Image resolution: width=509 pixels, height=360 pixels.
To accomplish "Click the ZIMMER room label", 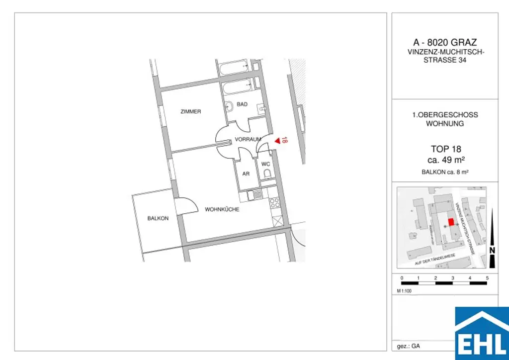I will [191, 112].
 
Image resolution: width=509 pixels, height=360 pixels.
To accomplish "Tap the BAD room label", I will [242, 104].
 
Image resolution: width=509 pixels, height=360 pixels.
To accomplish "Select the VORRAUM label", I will [248, 140].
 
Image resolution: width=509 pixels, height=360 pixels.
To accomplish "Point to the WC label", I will [266, 164].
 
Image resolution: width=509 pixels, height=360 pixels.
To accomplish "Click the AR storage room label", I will [246, 174].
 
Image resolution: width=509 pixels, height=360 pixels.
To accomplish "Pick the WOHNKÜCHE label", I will [222, 210].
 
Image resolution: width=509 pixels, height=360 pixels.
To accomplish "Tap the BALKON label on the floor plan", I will [158, 218].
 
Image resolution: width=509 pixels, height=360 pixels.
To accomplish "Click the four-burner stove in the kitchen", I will [274, 203].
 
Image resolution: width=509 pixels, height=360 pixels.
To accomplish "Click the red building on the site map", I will [451, 222].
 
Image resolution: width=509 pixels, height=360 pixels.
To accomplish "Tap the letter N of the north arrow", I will [492, 251].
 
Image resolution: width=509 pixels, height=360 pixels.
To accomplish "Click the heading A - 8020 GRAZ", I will [445, 43].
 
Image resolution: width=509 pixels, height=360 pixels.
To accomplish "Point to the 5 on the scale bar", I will [487, 277].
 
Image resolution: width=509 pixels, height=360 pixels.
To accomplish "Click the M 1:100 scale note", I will [405, 290].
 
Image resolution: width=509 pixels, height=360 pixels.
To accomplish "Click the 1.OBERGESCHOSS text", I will [445, 115].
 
